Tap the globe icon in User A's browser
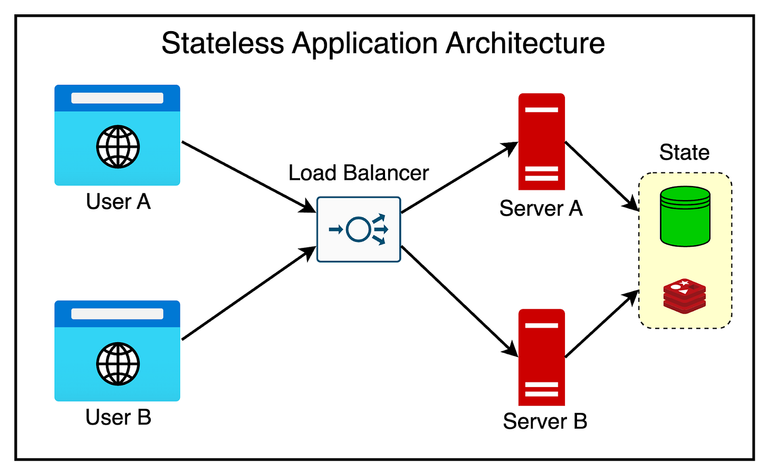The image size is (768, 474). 118,147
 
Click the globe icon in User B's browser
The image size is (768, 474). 118,364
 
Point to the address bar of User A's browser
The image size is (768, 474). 117,98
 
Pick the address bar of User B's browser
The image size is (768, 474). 117,314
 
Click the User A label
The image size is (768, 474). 118,201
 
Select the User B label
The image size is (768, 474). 118,417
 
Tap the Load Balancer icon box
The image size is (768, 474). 359,229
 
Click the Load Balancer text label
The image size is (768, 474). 358,173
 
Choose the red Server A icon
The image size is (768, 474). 541,141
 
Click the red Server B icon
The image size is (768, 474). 541,357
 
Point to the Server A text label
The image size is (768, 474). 541,209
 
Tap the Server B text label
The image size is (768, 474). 544,421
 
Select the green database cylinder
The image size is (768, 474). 685,216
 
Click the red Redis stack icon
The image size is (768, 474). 685,296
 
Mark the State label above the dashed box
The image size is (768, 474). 684,152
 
